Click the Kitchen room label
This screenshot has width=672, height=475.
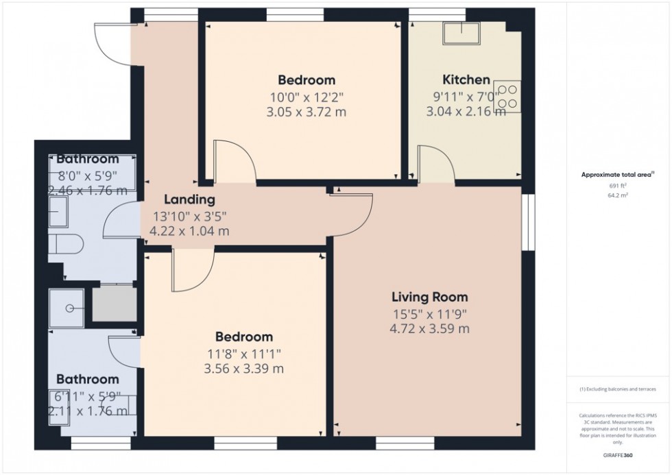(x=466, y=80)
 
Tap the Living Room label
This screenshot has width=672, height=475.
(x=429, y=297)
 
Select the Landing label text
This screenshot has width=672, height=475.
(x=189, y=200)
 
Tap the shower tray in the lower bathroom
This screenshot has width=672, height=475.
(x=67, y=307)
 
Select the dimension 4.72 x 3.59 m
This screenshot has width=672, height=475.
(x=429, y=329)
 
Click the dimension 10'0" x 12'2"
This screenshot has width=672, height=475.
(x=306, y=97)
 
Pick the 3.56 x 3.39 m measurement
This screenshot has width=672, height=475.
(x=244, y=369)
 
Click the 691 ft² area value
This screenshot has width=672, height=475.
(x=619, y=186)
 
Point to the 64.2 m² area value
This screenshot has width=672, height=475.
(x=619, y=195)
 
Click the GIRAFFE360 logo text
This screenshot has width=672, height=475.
(x=619, y=454)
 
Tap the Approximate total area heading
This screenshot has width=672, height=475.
(x=619, y=175)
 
